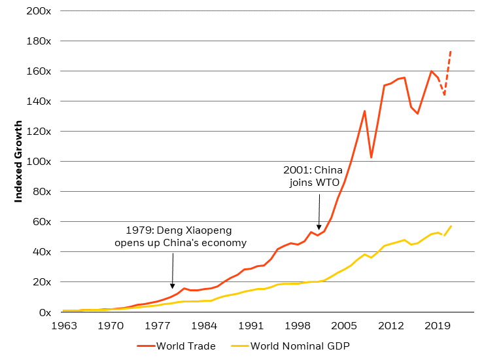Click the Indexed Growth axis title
19,161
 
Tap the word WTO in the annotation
328,183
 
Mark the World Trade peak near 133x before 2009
364,111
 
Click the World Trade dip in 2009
372,158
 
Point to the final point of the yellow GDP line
451,226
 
